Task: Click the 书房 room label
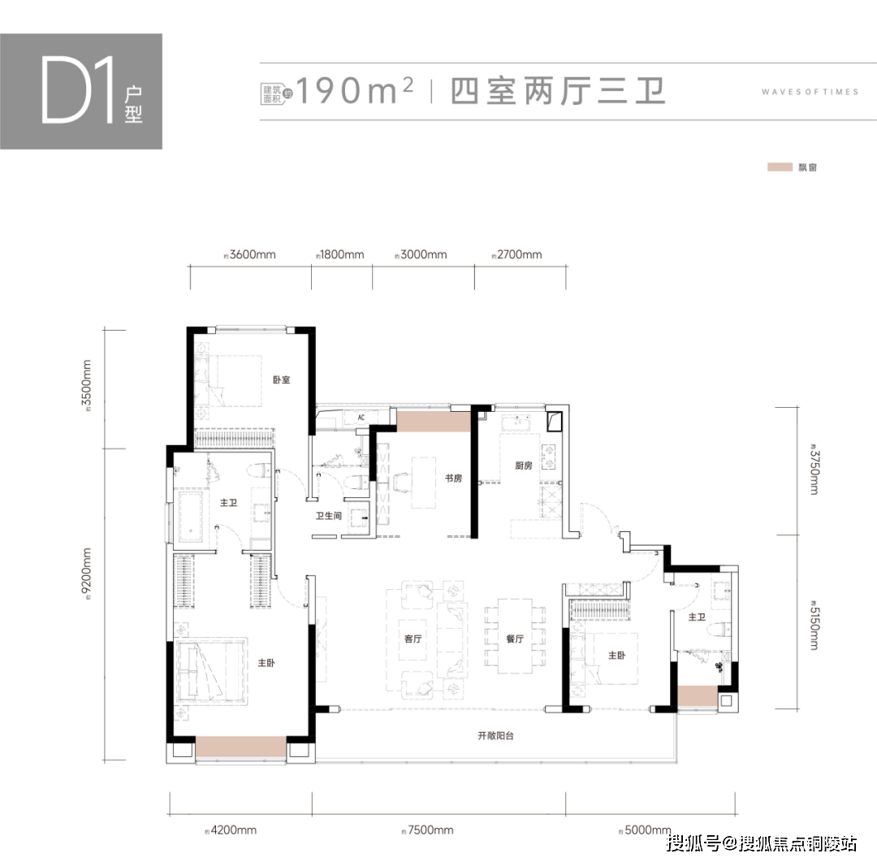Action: click(x=452, y=479)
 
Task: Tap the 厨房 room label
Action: click(x=523, y=466)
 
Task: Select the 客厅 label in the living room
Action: click(x=413, y=639)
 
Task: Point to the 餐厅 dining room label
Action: click(x=514, y=639)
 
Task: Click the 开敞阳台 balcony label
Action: click(x=495, y=736)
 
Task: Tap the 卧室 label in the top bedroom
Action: click(x=281, y=379)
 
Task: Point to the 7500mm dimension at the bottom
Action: click(x=430, y=830)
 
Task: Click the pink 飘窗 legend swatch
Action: click(x=780, y=167)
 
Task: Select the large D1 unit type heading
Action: click(x=78, y=90)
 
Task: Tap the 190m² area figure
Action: click(x=354, y=91)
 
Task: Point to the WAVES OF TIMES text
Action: click(x=810, y=92)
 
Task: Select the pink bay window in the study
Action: click(x=434, y=421)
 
